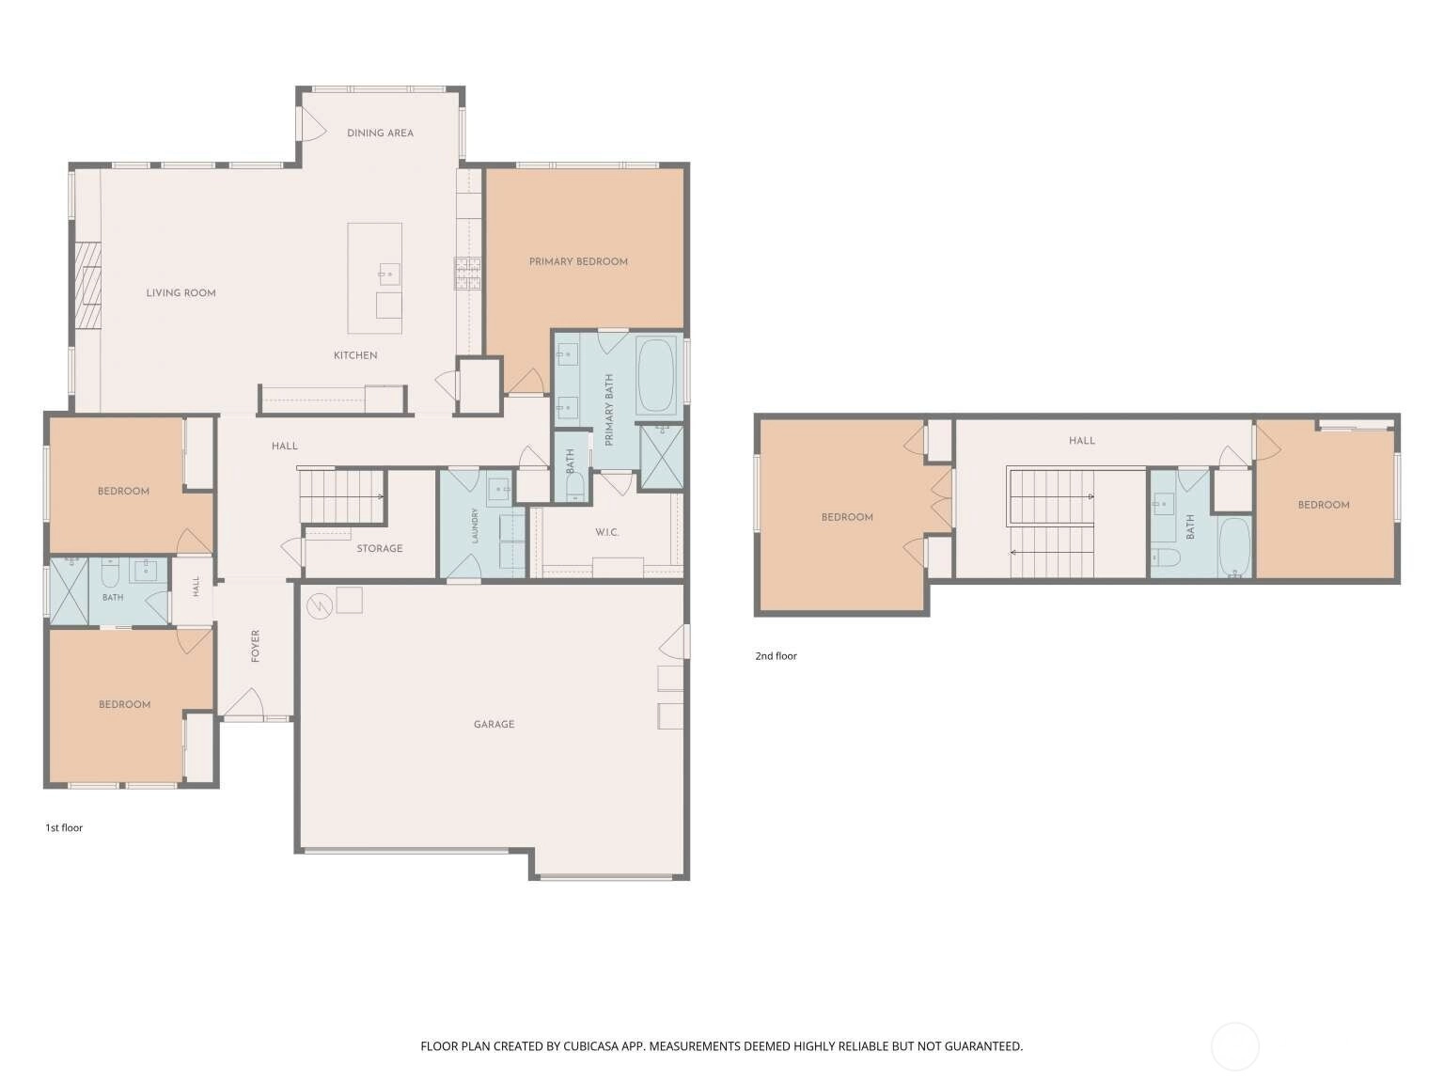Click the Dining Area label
(x=380, y=133)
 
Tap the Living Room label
(x=180, y=293)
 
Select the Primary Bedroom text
(x=578, y=261)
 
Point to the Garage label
(x=494, y=725)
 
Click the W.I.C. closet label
(x=607, y=532)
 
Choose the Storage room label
(x=380, y=548)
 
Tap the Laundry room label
(x=475, y=526)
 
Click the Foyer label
(x=256, y=646)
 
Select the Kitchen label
(x=355, y=355)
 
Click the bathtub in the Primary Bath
(x=656, y=375)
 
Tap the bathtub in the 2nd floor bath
(x=1234, y=547)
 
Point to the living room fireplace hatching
(x=86, y=286)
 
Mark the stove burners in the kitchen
(x=467, y=274)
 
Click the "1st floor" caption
(x=64, y=828)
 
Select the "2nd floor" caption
(x=776, y=656)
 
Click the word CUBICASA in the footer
(x=592, y=1046)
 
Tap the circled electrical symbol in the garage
(x=319, y=605)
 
